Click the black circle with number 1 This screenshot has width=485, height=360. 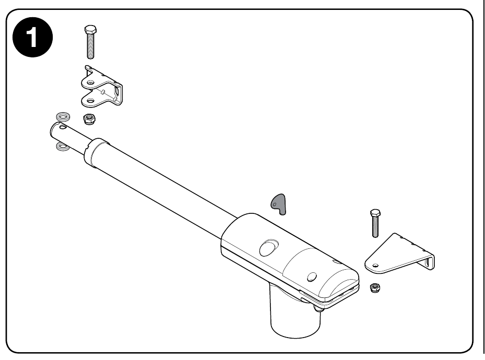(x=32, y=38)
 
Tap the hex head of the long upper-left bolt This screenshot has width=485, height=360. (x=90, y=30)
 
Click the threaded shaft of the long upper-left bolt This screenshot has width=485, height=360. (x=90, y=46)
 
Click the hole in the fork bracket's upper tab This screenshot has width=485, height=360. (x=90, y=82)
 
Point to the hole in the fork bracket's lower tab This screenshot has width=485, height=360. (x=90, y=100)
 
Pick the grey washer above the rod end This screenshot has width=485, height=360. (x=63, y=117)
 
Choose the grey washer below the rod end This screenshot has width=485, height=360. (x=63, y=147)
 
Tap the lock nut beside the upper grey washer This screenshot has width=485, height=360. (x=89, y=119)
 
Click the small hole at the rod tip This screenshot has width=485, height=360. (x=63, y=127)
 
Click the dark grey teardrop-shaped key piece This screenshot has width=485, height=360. (x=279, y=204)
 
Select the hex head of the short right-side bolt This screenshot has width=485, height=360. (x=375, y=213)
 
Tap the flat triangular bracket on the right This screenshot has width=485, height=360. (x=399, y=254)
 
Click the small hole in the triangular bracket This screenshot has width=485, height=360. (x=375, y=265)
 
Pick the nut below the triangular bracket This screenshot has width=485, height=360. (x=375, y=288)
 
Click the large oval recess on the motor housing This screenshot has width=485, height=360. (x=268, y=248)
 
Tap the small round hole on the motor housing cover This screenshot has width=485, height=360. (x=312, y=277)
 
